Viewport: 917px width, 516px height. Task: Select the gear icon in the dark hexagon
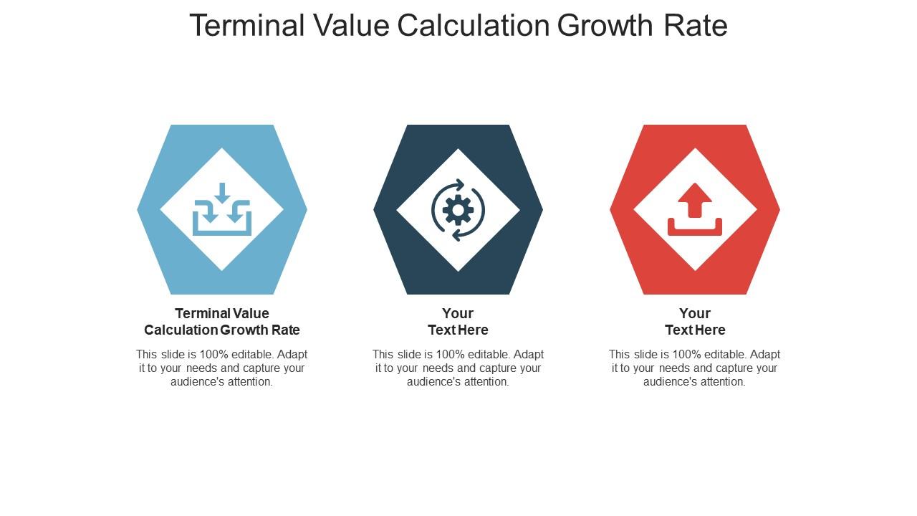coord(458,210)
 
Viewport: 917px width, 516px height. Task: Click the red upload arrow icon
coord(694,201)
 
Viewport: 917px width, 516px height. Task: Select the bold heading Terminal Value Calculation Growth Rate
coord(222,322)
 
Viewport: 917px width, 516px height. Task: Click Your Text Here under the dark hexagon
coord(458,322)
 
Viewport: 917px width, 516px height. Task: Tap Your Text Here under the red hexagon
coord(695,322)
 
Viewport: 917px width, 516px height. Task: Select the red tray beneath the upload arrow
coord(694,228)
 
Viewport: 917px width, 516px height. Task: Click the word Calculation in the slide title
coord(473,26)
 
